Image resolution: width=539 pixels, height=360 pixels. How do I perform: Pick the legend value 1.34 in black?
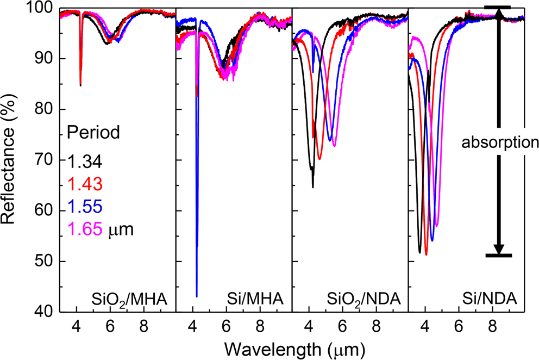click(84, 161)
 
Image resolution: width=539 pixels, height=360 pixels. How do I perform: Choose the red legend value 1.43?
click(84, 184)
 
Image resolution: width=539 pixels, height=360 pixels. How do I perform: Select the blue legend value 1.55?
click(84, 207)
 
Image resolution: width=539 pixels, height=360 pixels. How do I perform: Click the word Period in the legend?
click(93, 132)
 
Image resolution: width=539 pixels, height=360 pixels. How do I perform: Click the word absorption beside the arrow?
click(499, 143)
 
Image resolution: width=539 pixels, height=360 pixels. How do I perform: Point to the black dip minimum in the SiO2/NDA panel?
click(313, 187)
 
